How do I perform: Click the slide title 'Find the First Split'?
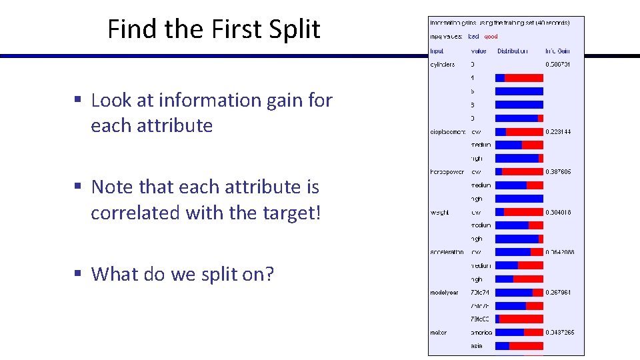pos(213,29)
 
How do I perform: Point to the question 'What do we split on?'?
pos(182,273)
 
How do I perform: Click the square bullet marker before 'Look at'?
pos(77,100)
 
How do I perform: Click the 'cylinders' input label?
pos(443,65)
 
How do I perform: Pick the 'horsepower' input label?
pos(447,172)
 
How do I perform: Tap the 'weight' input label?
pos(439,212)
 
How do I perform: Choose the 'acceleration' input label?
pos(447,252)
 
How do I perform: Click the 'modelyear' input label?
pos(444,292)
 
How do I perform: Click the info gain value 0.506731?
pos(558,65)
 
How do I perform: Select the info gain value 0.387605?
pos(558,172)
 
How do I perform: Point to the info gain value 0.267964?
pos(558,292)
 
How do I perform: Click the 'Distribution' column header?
pos(512,51)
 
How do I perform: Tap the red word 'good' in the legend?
pos(491,36)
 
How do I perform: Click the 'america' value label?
pos(481,332)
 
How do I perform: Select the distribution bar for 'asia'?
pos(519,345)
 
